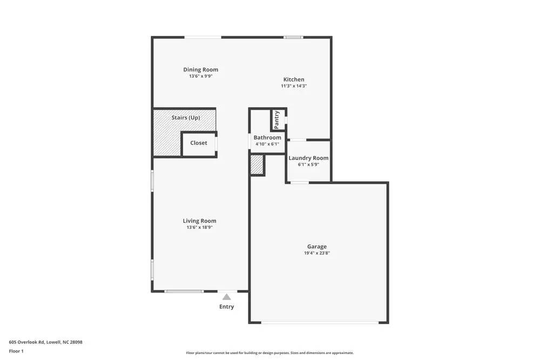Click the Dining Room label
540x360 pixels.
pyautogui.click(x=200, y=70)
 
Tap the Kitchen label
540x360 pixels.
pyautogui.click(x=294, y=79)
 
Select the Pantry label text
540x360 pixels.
pyautogui.click(x=277, y=119)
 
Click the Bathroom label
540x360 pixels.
pyautogui.click(x=267, y=138)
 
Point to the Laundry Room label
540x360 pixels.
pyautogui.click(x=308, y=158)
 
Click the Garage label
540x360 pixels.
pyautogui.click(x=317, y=247)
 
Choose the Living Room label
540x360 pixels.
pyautogui.click(x=199, y=221)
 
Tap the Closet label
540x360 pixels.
pyautogui.click(x=198, y=143)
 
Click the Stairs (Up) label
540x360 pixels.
pyautogui.click(x=186, y=118)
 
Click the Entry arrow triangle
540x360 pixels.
pyautogui.click(x=227, y=296)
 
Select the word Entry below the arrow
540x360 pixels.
pyautogui.click(x=227, y=307)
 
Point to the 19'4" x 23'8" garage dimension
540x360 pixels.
pyautogui.click(x=317, y=253)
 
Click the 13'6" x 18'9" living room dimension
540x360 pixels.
pyautogui.click(x=199, y=227)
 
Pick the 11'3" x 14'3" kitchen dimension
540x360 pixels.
pyautogui.click(x=294, y=86)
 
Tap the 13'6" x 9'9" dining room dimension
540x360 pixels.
pyautogui.click(x=200, y=76)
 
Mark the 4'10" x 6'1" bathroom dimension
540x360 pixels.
pyautogui.click(x=267, y=144)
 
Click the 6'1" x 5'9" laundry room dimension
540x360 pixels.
pyautogui.click(x=308, y=165)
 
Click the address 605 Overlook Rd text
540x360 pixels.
pyautogui.click(x=45, y=342)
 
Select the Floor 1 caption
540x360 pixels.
pyautogui.click(x=16, y=351)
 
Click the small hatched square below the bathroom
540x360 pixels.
pyautogui.click(x=257, y=165)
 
